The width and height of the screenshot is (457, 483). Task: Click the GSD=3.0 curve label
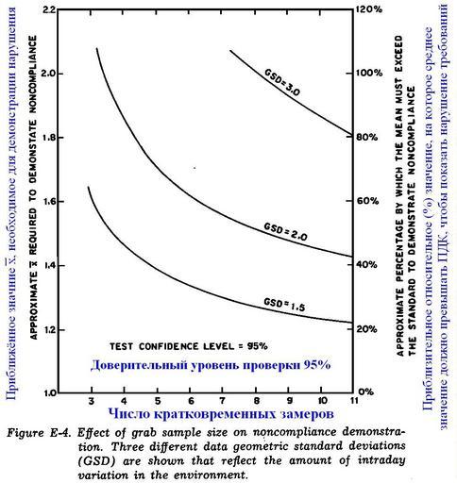click(282, 82)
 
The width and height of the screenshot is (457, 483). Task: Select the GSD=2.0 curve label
click(285, 231)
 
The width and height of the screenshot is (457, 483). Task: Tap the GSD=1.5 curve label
click(284, 304)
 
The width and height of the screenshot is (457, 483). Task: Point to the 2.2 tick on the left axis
click(49, 9)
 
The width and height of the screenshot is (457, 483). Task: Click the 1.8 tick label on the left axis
click(49, 138)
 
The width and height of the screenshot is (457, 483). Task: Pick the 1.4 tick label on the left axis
click(49, 266)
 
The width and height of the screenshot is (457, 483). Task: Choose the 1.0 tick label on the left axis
click(49, 393)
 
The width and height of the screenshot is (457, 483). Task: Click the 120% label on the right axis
click(369, 9)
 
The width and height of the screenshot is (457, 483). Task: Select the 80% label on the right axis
click(366, 138)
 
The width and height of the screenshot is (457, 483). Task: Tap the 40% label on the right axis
click(366, 265)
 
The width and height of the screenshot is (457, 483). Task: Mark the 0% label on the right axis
click(366, 391)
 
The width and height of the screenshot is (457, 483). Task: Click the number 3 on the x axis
click(92, 401)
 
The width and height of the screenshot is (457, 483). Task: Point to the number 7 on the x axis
click(223, 401)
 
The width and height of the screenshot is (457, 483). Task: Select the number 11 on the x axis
click(354, 401)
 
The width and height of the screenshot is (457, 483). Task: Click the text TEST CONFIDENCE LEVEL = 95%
click(189, 346)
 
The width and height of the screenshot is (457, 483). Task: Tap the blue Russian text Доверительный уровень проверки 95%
click(211, 365)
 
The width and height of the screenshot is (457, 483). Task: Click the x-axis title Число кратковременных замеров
click(221, 414)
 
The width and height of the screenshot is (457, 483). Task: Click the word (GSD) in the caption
click(97, 461)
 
